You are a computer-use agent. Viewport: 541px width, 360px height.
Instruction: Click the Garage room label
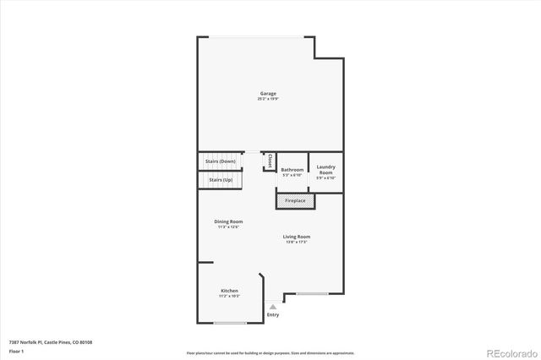267,94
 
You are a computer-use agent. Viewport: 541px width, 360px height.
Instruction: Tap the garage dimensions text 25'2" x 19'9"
267,100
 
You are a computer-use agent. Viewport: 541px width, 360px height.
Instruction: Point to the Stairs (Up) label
221,180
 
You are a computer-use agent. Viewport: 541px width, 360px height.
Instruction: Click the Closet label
270,161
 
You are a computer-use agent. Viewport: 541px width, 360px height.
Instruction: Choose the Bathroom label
292,170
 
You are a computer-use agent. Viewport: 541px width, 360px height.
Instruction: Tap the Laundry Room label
326,169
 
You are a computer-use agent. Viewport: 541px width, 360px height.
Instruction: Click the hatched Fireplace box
295,201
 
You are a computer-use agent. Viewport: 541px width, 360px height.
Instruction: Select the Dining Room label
228,221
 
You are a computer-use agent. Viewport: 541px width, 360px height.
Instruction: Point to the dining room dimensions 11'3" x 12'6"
228,227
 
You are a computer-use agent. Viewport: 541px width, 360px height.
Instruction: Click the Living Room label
297,237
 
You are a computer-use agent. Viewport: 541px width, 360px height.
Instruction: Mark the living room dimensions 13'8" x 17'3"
297,243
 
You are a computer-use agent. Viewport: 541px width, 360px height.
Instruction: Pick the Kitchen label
230,291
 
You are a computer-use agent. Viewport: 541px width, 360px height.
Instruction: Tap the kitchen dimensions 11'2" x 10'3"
230,297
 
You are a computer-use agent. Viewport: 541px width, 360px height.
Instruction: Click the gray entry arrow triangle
272,307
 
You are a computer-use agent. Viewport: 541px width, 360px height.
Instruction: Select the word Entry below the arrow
272,315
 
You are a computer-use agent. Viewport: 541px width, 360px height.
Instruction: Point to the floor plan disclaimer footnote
270,352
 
